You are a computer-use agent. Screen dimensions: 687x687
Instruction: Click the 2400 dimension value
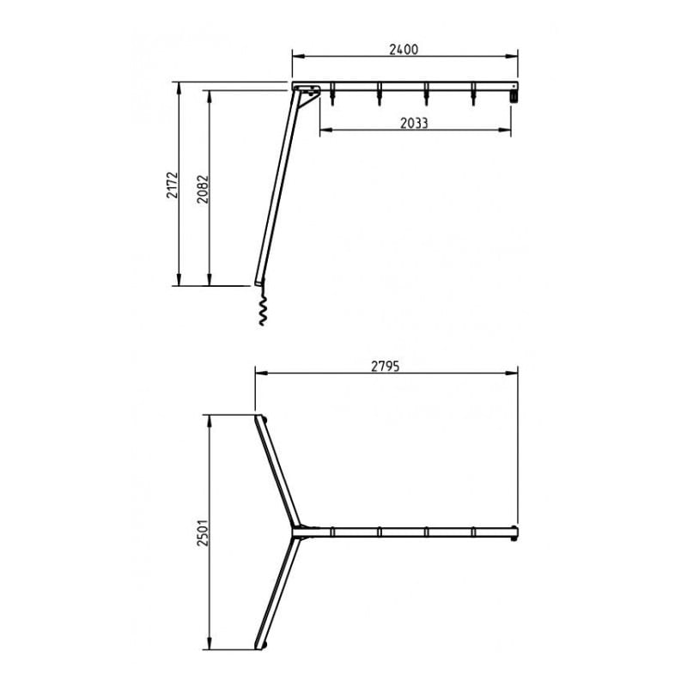(x=404, y=49)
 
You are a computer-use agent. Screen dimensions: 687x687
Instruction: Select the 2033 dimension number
(x=414, y=123)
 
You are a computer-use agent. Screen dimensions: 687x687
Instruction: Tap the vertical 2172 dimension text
(x=172, y=185)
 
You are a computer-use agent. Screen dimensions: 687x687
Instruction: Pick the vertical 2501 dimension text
(x=201, y=532)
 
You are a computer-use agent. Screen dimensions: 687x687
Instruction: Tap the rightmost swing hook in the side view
(x=472, y=96)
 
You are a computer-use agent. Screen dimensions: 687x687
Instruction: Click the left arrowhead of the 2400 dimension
(x=295, y=57)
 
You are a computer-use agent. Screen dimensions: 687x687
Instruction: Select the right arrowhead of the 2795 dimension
(x=514, y=373)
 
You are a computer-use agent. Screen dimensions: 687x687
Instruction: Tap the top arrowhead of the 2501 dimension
(x=209, y=419)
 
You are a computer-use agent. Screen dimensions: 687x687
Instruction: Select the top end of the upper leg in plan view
(x=261, y=419)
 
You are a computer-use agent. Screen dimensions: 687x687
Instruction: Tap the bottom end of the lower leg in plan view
(x=261, y=645)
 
